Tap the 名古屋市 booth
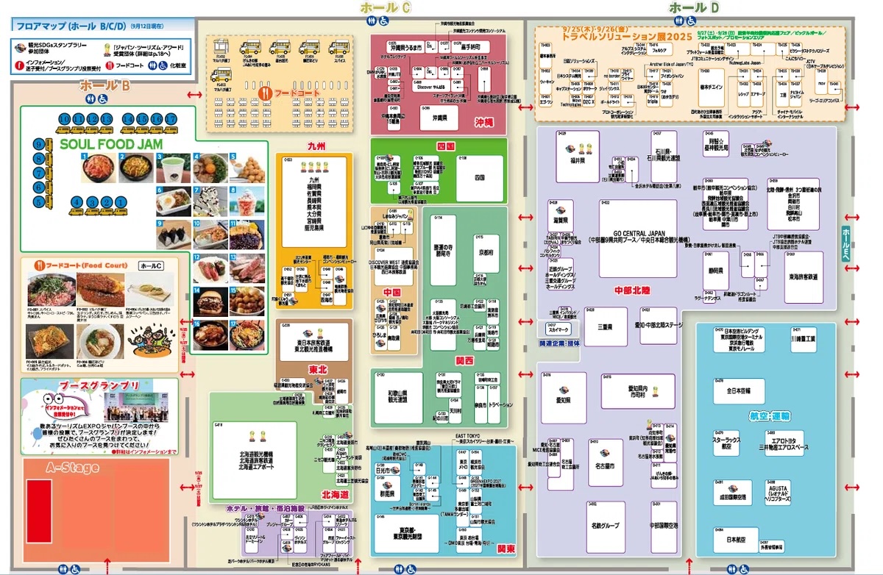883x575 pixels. (606, 465)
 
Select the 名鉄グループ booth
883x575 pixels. (606, 526)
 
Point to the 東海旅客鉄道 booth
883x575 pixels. (804, 277)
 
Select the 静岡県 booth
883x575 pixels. (717, 271)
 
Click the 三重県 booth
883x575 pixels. (605, 326)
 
